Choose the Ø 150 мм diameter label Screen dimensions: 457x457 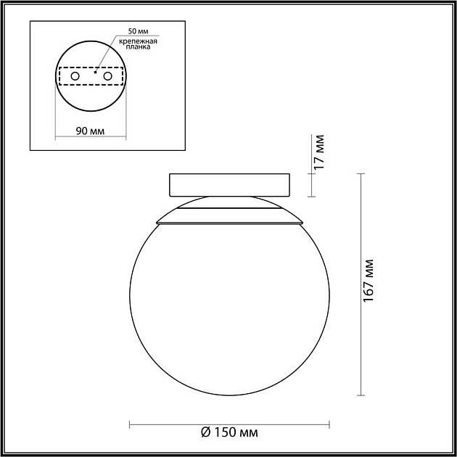point(228,432)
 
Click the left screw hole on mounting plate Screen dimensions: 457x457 point(75,75)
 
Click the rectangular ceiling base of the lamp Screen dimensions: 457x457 point(228,185)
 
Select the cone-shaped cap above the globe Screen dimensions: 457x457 point(228,212)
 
